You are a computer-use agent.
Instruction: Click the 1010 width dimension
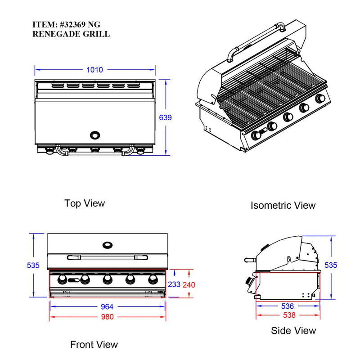click(x=95, y=70)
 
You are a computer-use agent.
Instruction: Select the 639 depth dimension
click(x=166, y=117)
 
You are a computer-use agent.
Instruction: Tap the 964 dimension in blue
click(x=107, y=306)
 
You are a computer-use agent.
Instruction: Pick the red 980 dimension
click(x=107, y=316)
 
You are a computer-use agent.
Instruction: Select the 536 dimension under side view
click(x=288, y=306)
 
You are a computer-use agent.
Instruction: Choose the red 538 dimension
click(x=288, y=315)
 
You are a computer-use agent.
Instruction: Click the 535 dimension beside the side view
click(x=331, y=265)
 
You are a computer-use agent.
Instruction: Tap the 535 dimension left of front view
click(x=33, y=265)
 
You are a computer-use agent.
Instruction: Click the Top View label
click(x=85, y=203)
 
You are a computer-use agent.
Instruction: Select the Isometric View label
click(x=283, y=206)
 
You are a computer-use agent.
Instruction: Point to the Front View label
click(x=94, y=345)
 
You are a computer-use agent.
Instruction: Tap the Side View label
click(x=293, y=331)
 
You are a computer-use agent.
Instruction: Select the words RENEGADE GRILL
click(x=71, y=34)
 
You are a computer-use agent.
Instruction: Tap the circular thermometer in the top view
click(x=95, y=135)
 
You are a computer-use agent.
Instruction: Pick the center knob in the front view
click(x=107, y=280)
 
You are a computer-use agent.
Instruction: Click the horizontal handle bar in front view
click(x=107, y=258)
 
